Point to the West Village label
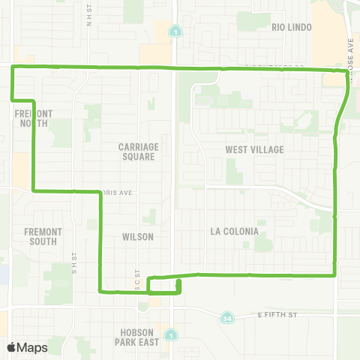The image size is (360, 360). [x=255, y=149]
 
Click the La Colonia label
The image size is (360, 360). [x=235, y=231]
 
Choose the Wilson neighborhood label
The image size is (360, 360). [x=138, y=236]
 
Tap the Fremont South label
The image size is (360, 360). [x=43, y=236]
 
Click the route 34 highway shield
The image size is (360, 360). [x=226, y=319]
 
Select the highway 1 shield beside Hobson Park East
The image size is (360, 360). [x=172, y=334]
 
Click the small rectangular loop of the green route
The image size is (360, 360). [x=164, y=286]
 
